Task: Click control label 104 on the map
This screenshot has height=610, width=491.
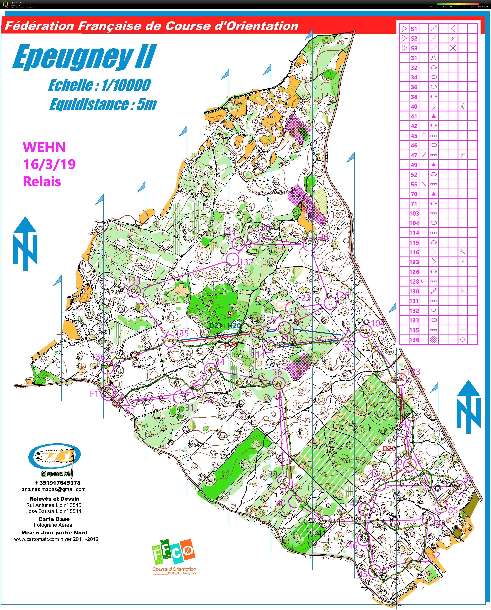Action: click(x=378, y=323)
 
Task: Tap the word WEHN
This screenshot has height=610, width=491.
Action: click(x=44, y=147)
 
